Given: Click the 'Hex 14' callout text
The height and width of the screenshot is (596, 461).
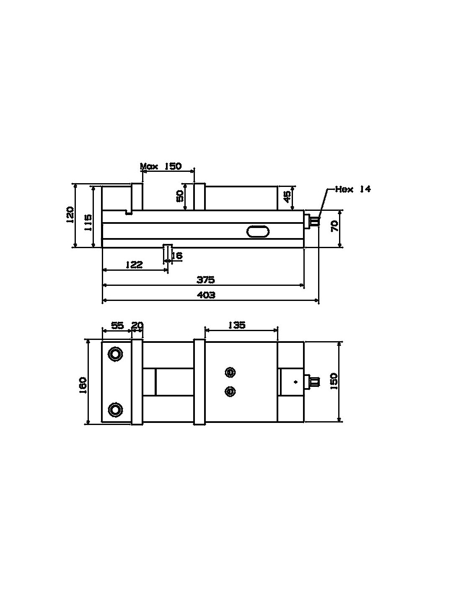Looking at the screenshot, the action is point(353,189).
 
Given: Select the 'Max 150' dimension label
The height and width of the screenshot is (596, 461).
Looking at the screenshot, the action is point(161,166).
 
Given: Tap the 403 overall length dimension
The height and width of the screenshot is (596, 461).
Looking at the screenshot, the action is point(206,295).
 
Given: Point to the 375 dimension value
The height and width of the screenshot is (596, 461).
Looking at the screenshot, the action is point(206,280).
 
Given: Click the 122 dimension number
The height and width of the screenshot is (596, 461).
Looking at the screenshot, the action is point(134,264).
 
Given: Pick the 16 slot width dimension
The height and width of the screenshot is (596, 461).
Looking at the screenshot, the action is point(177,256).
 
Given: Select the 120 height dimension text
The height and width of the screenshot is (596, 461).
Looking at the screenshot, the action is point(70,214).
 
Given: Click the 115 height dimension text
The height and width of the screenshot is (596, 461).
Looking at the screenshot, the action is point(88,223).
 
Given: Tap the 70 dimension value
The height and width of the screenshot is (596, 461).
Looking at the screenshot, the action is point(335,227).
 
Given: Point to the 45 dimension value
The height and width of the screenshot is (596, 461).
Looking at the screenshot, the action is point(287,197).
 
